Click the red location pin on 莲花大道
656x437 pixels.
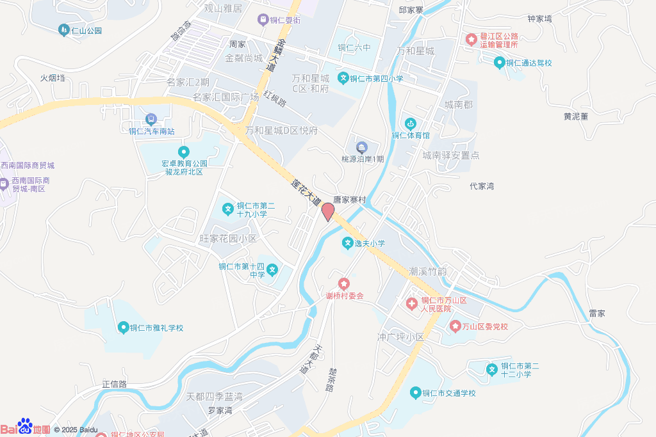pos(327,211)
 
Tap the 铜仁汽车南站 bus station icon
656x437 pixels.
pos(151,119)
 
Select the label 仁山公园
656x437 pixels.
pos(86,31)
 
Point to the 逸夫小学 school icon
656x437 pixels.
pos(347,243)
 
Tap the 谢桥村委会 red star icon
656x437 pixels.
pos(344,283)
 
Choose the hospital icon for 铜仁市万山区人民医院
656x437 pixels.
pos(411,302)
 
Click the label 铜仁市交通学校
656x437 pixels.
pos(448,393)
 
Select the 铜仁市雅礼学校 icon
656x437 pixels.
pos(123,328)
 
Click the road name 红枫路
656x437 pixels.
pos(274,98)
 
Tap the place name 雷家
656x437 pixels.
pos(597,314)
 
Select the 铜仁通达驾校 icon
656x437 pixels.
pos(499,62)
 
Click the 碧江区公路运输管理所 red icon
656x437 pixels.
pos(471,40)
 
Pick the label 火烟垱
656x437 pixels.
pos(53,77)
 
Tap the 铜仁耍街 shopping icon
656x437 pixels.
pos(262,20)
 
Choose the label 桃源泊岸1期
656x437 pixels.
pos(363,159)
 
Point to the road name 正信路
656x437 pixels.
pos(114,384)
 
